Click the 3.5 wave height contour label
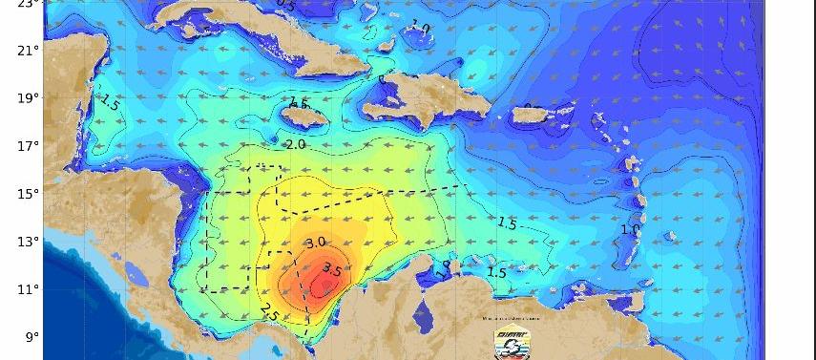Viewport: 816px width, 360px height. (332, 269)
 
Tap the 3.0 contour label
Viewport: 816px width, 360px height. (316, 244)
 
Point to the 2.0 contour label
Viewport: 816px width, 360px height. (295, 144)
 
